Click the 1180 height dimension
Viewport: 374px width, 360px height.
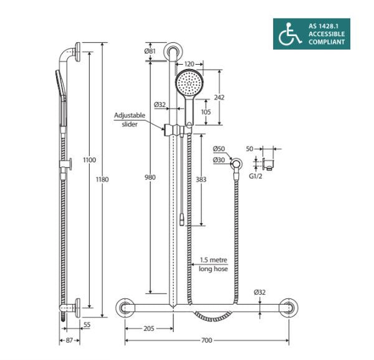pyautogui.click(x=103, y=180)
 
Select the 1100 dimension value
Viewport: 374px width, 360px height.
pyautogui.click(x=90, y=160)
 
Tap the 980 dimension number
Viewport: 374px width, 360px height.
pyautogui.click(x=150, y=178)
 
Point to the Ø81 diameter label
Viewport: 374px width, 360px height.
pyautogui.click(x=150, y=50)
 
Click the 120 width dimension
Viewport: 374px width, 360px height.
pyautogui.click(x=189, y=64)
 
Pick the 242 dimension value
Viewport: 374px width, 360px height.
pyautogui.click(x=219, y=97)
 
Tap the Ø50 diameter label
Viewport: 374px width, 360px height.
pyautogui.click(x=218, y=149)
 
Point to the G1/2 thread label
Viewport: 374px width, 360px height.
pyautogui.click(x=256, y=176)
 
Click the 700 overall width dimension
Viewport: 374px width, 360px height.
pyautogui.click(x=207, y=341)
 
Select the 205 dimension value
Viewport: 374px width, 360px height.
pyautogui.click(x=148, y=328)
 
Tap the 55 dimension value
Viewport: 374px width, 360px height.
pyautogui.click(x=86, y=324)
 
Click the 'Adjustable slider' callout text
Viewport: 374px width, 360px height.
pyautogui.click(x=129, y=120)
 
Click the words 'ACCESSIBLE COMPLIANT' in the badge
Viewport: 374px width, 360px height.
pyautogui.click(x=326, y=38)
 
